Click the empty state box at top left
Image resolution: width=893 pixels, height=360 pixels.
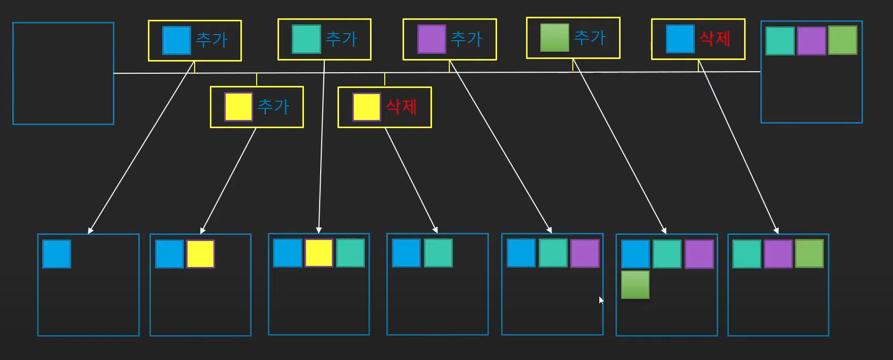pyautogui.click(x=63, y=73)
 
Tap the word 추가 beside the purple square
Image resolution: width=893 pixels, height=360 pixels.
pyautogui.click(x=466, y=39)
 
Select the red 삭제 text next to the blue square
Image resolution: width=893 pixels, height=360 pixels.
pyautogui.click(x=715, y=39)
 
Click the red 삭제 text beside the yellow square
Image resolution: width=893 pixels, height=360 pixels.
pyautogui.click(x=401, y=107)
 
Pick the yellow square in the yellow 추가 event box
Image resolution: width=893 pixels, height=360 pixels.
pyautogui.click(x=238, y=107)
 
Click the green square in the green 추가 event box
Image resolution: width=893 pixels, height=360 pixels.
pyautogui.click(x=555, y=38)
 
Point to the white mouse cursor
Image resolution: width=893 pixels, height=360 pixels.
pyautogui.click(x=601, y=300)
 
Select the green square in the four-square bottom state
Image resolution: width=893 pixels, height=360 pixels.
pyautogui.click(x=635, y=285)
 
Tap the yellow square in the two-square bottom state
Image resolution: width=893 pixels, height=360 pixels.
pyautogui.click(x=200, y=254)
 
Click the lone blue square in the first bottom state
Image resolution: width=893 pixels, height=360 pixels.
pyautogui.click(x=57, y=254)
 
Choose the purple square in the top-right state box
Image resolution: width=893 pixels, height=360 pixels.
pyautogui.click(x=811, y=41)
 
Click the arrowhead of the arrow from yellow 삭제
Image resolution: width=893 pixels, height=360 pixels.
pyautogui.click(x=435, y=230)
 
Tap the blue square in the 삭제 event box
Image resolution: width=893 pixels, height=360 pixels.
pyautogui.click(x=680, y=39)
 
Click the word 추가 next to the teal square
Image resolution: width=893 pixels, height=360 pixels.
pyautogui.click(x=341, y=39)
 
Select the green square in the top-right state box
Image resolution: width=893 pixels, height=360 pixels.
pyautogui.click(x=842, y=40)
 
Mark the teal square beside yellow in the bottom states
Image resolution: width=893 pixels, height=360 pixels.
pyautogui.click(x=350, y=253)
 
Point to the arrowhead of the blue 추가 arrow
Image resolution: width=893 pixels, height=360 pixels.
pyautogui.click(x=90, y=231)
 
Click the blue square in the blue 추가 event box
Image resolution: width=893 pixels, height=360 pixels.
pyautogui.click(x=176, y=40)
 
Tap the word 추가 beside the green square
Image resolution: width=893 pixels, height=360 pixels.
pyautogui.click(x=590, y=38)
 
